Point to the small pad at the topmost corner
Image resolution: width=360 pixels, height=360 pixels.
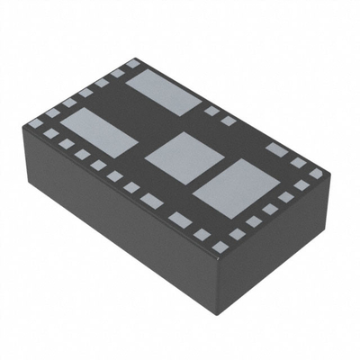pos(133,64)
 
